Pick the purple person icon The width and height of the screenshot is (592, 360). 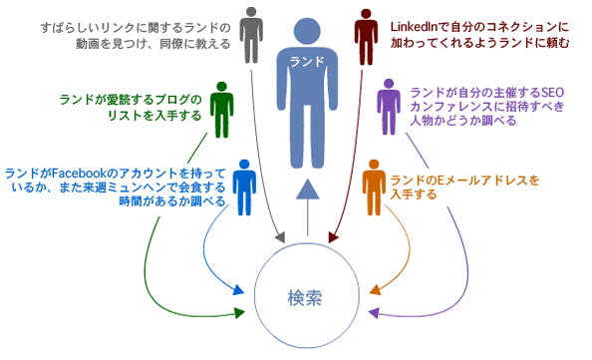[388, 107]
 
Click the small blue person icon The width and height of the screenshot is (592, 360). [245, 189]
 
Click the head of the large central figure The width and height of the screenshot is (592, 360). [309, 21]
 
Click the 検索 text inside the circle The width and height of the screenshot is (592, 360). [306, 297]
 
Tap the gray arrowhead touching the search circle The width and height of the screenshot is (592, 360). [280, 238]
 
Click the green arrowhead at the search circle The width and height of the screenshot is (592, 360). [239, 314]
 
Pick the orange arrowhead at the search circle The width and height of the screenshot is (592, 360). [375, 290]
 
